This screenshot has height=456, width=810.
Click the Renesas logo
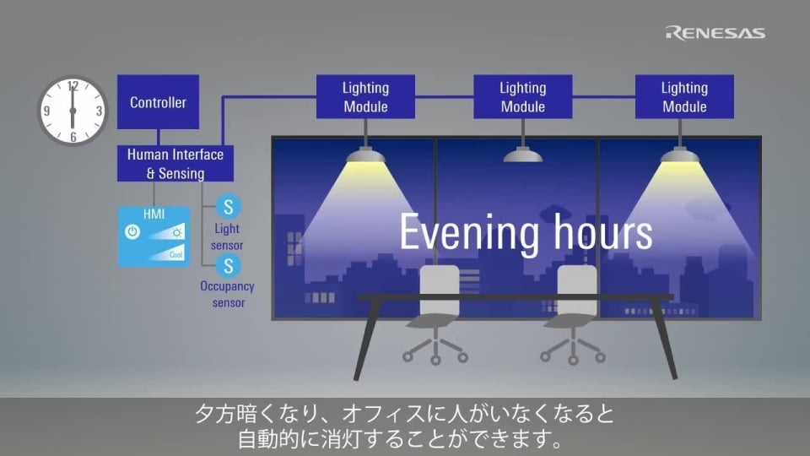pos(715,33)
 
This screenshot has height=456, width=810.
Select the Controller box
pos(158,102)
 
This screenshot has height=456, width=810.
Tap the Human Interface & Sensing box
pos(175,163)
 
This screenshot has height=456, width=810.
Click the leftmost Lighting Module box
pos(365,97)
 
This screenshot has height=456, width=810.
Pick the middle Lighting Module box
pos(522,97)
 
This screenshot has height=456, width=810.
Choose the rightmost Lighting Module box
pos(684,97)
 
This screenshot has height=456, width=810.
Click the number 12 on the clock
pos(73,86)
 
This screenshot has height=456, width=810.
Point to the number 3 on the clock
pos(99,111)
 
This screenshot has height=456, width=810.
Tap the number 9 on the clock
pos(47,111)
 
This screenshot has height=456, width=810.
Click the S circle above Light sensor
pos(227,206)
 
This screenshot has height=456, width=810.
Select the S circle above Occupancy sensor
pos(227,266)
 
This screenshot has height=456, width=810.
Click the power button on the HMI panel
pos(132,231)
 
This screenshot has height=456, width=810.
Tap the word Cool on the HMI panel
pos(175,254)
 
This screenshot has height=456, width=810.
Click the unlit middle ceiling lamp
pos(523,155)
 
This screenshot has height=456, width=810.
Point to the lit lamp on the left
pos(365,155)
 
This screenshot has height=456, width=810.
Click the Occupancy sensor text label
pos(227,294)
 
